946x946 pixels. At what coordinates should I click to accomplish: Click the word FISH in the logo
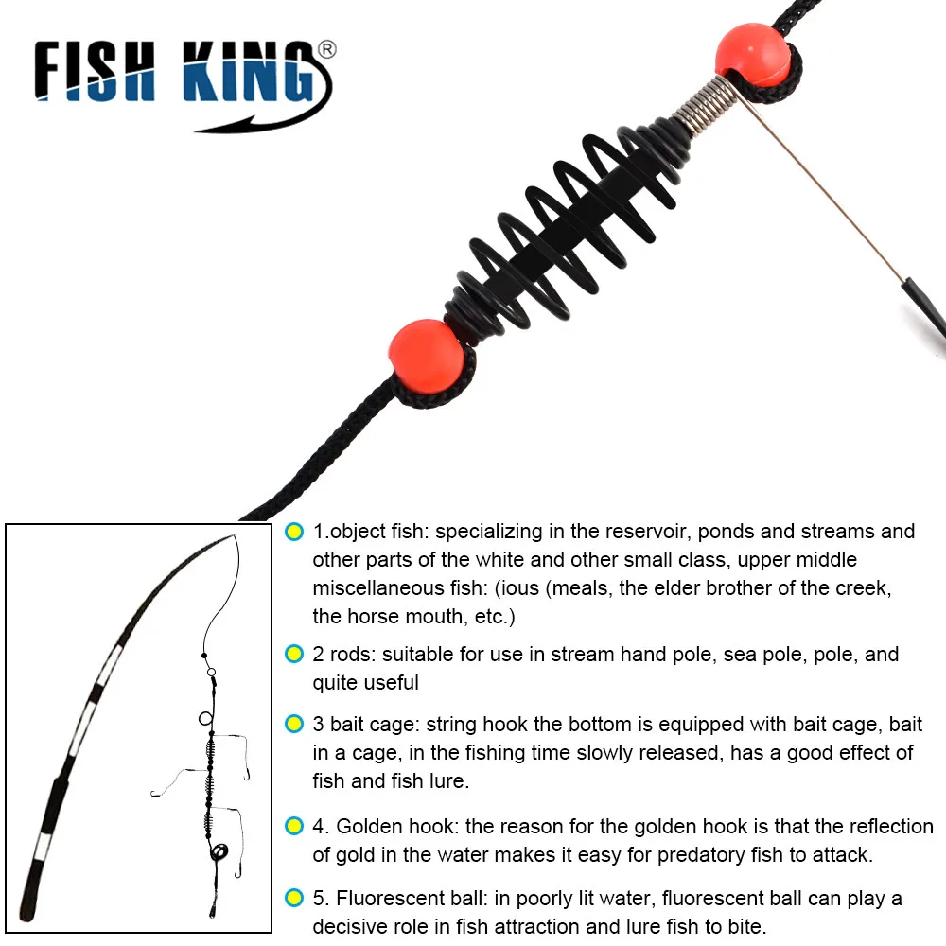pyautogui.click(x=95, y=75)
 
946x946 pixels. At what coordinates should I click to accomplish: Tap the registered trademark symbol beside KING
pyautogui.click(x=325, y=50)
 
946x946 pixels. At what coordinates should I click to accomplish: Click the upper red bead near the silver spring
pyautogui.click(x=752, y=54)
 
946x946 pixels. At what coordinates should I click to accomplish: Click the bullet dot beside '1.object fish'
pyautogui.click(x=294, y=532)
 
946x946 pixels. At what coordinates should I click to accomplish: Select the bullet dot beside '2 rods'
pyautogui.click(x=294, y=655)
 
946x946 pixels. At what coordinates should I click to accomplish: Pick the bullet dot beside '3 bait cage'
pyautogui.click(x=294, y=726)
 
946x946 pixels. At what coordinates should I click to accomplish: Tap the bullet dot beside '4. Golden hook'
pyautogui.click(x=294, y=827)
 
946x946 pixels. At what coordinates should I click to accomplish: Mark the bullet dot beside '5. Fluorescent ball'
pyautogui.click(x=294, y=898)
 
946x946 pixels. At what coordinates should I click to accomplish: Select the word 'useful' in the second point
pyautogui.click(x=386, y=683)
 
